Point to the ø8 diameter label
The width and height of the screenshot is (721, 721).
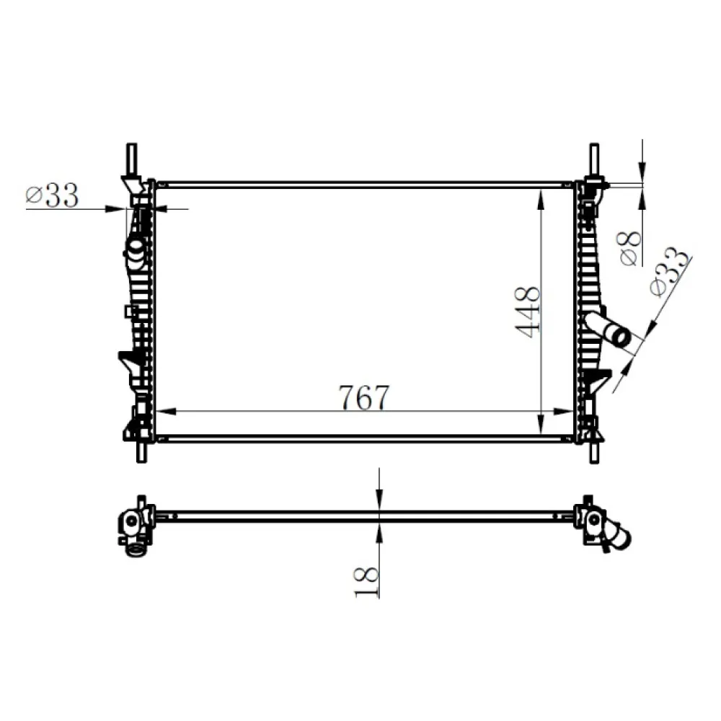tap(629, 247)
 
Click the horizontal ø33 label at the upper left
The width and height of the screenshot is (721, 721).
tap(51, 195)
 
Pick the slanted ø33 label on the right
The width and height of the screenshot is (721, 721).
tap(668, 273)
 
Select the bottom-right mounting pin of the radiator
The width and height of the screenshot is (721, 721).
tap(593, 450)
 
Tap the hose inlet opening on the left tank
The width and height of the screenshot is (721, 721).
tap(135, 248)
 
